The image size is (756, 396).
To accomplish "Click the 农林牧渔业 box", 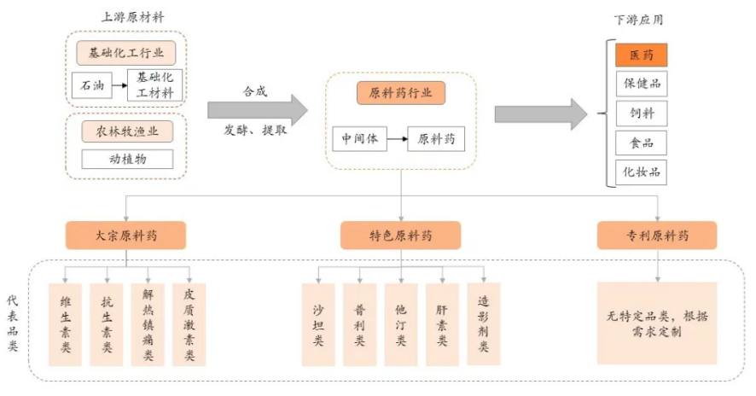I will (127, 131).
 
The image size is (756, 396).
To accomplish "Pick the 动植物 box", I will (127, 159).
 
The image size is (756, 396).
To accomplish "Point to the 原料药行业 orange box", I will (400, 93).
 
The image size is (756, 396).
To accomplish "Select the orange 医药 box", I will (641, 55).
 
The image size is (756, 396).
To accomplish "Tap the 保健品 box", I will (641, 84).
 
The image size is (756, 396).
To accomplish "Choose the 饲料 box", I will (641, 114).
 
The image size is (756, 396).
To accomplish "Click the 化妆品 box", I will (641, 172).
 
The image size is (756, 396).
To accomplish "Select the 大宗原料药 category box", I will (125, 235).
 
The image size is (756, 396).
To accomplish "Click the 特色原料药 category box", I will (400, 235).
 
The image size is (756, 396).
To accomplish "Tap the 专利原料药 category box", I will (657, 235).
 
